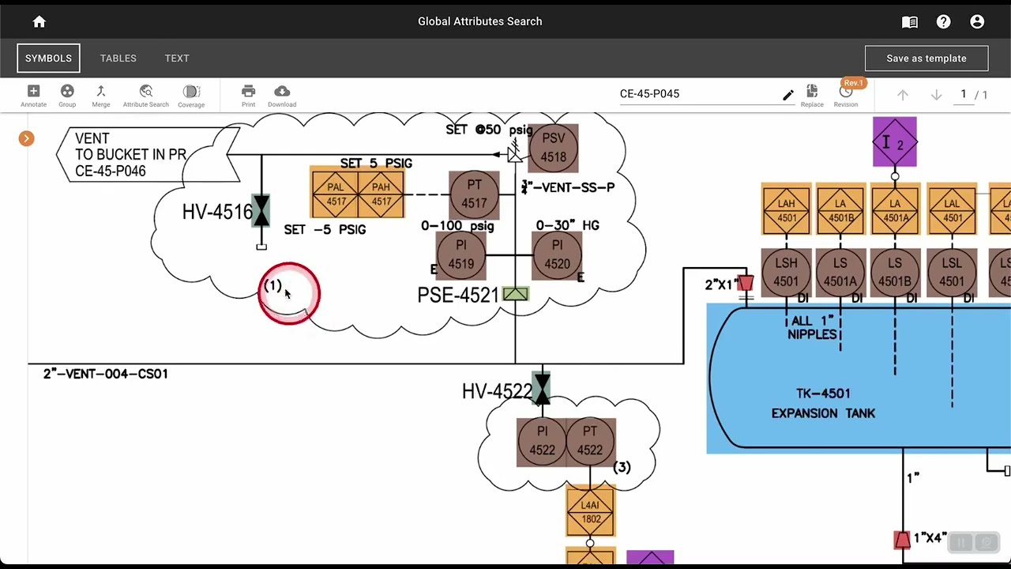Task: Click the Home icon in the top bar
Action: (39, 22)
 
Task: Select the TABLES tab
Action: (118, 58)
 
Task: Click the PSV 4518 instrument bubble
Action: (553, 148)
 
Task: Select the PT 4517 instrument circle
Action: (474, 194)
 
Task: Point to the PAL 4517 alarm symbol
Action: (336, 194)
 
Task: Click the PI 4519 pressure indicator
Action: (460, 254)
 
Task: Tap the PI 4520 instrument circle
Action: (557, 254)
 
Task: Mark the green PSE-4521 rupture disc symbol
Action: (515, 295)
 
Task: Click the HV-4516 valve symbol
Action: (261, 211)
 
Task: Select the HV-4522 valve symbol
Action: (542, 390)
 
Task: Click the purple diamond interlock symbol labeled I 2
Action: (894, 142)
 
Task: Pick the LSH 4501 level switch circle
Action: (786, 272)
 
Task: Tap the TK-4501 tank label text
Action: (823, 394)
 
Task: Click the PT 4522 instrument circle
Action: (590, 441)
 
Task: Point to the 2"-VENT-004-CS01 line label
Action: (106, 374)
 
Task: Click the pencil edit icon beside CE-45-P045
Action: (787, 95)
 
